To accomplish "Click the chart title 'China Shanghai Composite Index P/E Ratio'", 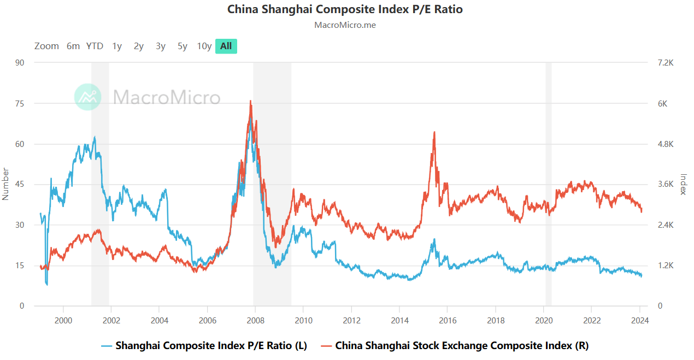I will pos(345,9).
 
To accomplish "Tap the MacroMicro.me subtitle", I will pos(345,25).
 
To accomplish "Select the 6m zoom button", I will pos(73,46).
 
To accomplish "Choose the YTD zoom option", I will pos(95,46).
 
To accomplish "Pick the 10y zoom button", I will pos(204,46).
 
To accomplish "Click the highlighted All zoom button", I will pos(226,46).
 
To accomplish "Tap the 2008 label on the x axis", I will pos(255,321).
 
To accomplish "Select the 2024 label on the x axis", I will pos(640,321).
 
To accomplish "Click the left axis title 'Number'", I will pos(5,184).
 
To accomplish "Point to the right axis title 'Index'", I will pos(683,184).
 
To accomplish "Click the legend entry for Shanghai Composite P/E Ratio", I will pos(205,346).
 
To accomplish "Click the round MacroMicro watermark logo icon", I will pos(88,97).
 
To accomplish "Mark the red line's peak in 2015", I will pos(434,132).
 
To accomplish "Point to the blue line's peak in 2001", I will pos(95,137).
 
